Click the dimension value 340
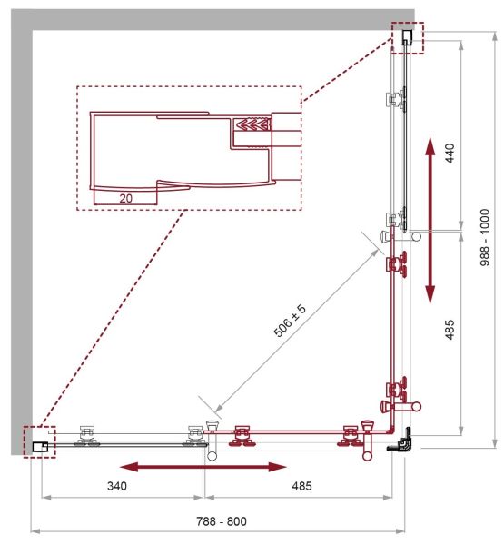117,486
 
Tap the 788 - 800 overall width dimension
222,521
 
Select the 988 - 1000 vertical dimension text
485,237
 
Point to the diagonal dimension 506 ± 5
290,321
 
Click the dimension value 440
450,154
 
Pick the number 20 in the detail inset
125,198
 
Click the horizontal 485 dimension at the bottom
301,486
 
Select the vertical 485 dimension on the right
450,330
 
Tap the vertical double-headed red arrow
430,220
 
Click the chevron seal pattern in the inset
252,124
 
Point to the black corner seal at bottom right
401,441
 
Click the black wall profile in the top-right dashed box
407,37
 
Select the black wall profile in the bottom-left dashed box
40,447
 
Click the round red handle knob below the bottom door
367,455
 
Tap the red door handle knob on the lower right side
416,406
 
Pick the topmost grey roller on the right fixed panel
397,100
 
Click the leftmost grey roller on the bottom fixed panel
87,435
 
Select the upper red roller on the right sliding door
397,264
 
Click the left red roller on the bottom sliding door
242,435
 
